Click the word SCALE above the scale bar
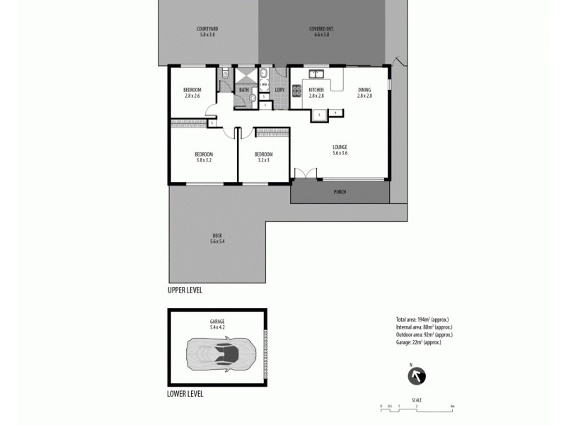(x=417, y=400)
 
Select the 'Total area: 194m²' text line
(x=423, y=319)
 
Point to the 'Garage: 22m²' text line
(x=419, y=343)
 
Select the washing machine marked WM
(x=262, y=85)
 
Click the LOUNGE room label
(x=340, y=147)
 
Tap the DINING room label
(x=364, y=89)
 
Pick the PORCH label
(x=340, y=192)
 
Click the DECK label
(x=217, y=236)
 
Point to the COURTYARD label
(x=207, y=29)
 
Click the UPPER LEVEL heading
(x=185, y=290)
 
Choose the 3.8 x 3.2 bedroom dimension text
(x=204, y=160)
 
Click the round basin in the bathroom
(x=253, y=99)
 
